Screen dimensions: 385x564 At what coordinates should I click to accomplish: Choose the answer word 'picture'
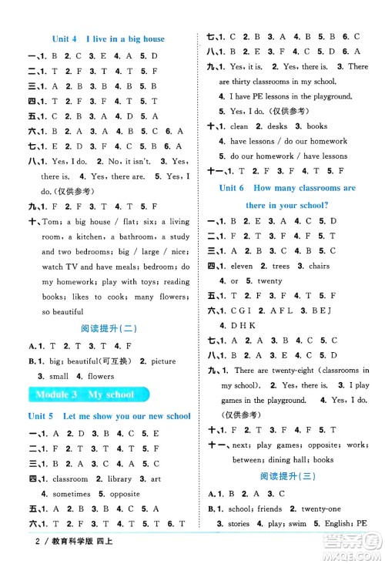[164, 361]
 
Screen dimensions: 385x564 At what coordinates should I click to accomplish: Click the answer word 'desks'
[275, 126]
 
